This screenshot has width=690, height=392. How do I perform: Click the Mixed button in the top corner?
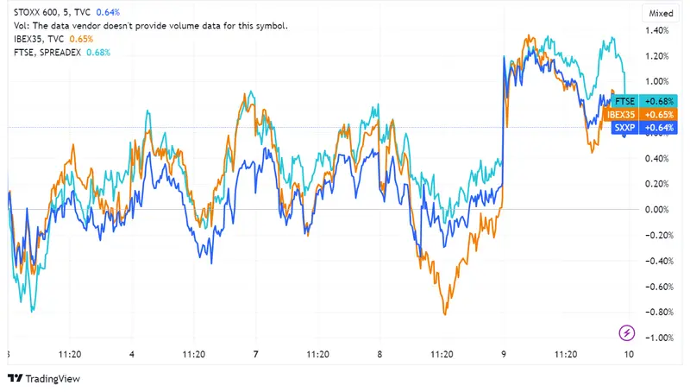pos(660,13)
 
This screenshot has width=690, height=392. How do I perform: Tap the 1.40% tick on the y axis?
pos(657,31)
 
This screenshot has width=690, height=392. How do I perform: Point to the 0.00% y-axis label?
pos(657,210)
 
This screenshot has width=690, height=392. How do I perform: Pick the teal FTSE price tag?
pos(638,101)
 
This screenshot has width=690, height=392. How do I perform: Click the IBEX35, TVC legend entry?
pos(38,39)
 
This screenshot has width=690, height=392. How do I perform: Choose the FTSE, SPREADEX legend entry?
pos(47,53)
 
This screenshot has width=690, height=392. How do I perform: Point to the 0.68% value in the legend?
pos(98,53)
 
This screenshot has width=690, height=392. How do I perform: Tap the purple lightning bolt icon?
pos(627,333)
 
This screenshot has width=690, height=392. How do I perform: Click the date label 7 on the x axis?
pos(256,354)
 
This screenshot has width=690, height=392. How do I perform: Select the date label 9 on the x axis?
pos(505,354)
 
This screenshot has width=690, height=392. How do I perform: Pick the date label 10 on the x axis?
pos(629,354)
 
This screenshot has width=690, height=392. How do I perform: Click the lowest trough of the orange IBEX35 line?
pos(445,314)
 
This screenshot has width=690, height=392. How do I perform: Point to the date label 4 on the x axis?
pos(131,354)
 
